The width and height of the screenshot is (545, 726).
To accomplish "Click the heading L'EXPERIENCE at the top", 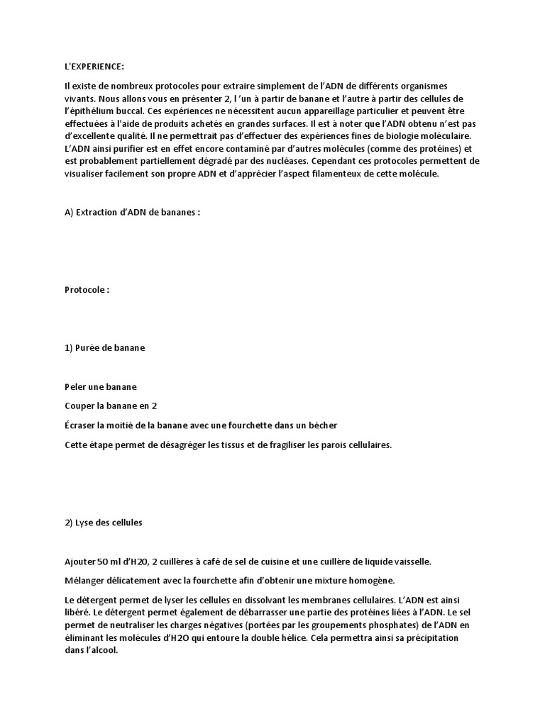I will [x=93, y=67].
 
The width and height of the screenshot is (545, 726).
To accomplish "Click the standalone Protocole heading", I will [x=87, y=290].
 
